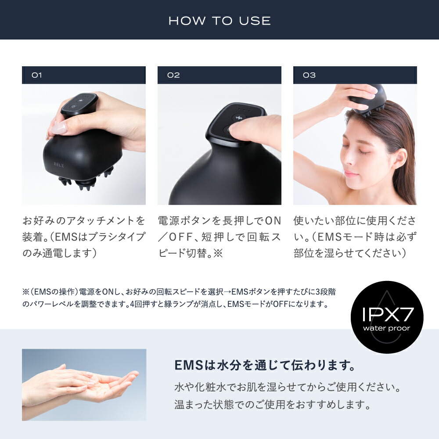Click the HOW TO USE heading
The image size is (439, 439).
219,21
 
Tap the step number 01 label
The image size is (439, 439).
37,75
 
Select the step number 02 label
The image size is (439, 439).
173,75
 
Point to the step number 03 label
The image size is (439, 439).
309,75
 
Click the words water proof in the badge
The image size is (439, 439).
387,328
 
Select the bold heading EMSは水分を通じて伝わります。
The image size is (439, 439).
265,365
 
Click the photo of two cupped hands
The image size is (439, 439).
84,384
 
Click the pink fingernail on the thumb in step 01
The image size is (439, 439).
59,129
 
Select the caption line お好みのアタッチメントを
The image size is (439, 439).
83,220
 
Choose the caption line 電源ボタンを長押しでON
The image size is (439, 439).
219,220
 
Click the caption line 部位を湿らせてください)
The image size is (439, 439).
349,254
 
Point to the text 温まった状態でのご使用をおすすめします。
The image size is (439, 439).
273,404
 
